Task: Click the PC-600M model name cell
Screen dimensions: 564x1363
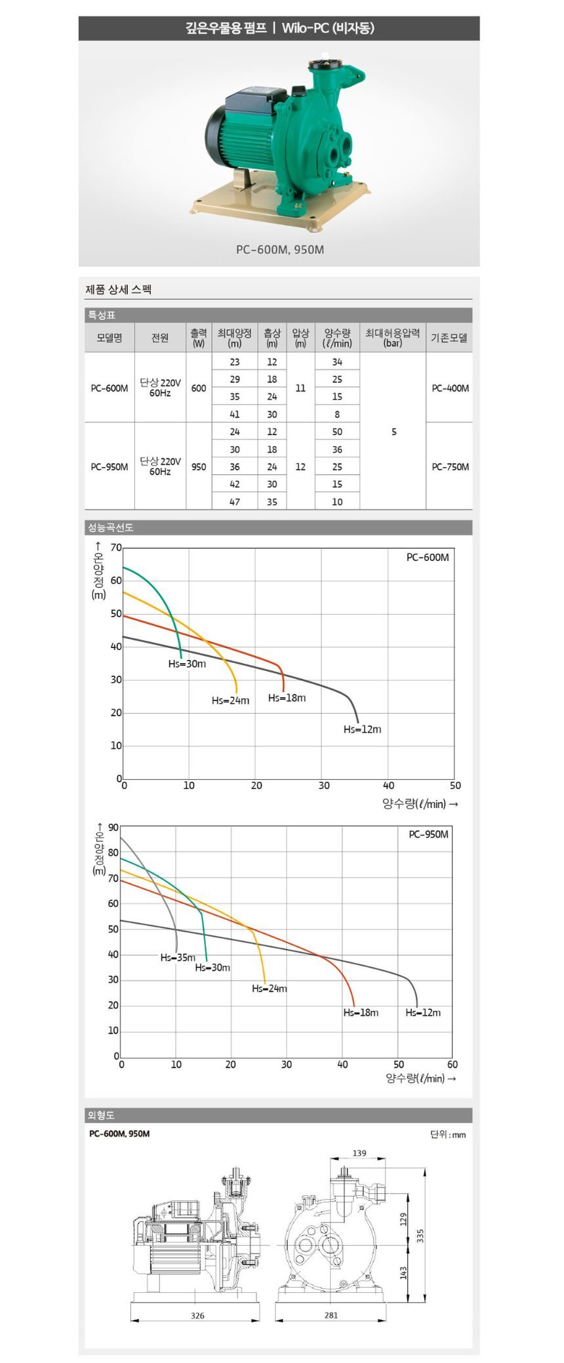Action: point(110,388)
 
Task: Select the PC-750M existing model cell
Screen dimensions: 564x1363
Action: point(450,467)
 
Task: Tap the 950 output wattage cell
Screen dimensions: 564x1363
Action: point(199,467)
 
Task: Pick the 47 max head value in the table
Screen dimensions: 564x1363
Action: point(235,502)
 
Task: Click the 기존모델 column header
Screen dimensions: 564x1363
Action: point(449,338)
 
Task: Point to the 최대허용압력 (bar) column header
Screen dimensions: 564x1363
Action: point(392,337)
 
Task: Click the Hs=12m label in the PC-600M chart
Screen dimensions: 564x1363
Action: point(362,729)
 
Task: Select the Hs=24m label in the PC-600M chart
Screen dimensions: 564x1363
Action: point(230,701)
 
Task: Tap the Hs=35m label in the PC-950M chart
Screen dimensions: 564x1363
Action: point(178,958)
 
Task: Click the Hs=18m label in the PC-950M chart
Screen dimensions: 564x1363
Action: point(361,1013)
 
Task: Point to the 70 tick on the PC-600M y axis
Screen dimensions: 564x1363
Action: point(116,548)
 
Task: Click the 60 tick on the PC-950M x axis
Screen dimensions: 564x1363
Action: point(453,1065)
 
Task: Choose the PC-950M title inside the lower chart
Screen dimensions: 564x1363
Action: point(429,834)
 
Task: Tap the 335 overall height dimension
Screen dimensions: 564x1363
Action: point(420,1236)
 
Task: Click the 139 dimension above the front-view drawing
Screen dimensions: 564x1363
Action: point(359,1153)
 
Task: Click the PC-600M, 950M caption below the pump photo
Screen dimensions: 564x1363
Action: point(280,250)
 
